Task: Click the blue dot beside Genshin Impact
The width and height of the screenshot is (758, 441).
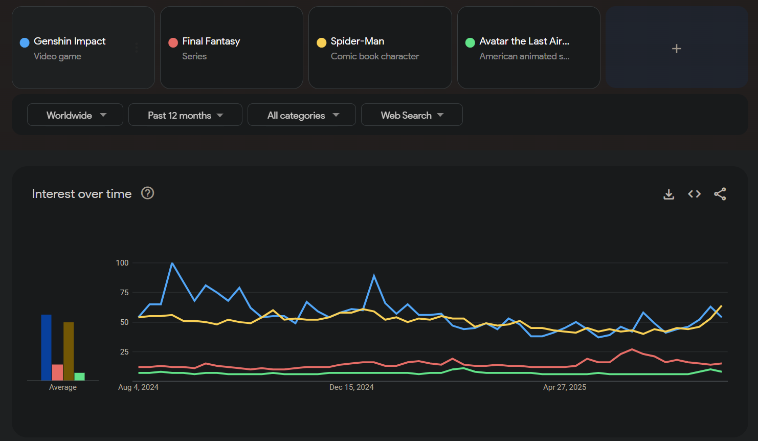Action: (x=25, y=42)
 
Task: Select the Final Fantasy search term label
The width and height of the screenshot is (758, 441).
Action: (x=211, y=41)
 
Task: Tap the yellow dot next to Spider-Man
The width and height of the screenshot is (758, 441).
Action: (x=322, y=42)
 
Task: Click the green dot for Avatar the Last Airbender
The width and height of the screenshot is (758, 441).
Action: (x=470, y=42)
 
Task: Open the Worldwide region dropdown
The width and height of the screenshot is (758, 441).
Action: (x=75, y=115)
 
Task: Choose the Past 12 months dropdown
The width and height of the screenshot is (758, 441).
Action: (x=185, y=115)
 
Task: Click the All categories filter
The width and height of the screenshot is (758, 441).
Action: (x=302, y=115)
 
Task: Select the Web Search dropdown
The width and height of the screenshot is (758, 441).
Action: (x=412, y=115)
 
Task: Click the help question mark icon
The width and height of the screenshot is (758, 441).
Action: (x=148, y=193)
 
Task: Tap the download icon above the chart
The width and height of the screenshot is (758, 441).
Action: (x=668, y=194)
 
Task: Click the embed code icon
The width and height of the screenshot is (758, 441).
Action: (x=694, y=194)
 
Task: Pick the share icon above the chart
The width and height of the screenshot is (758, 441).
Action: (x=720, y=194)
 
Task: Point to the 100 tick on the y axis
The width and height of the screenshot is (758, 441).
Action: (x=122, y=263)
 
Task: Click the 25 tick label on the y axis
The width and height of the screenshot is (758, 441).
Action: (x=124, y=352)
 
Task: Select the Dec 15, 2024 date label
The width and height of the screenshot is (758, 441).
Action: (x=351, y=387)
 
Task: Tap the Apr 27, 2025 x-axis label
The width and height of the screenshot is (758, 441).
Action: (x=565, y=387)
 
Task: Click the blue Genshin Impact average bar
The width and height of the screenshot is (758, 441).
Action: (x=47, y=348)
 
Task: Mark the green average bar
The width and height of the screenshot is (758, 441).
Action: (x=79, y=377)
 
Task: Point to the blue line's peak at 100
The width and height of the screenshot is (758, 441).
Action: (x=172, y=263)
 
